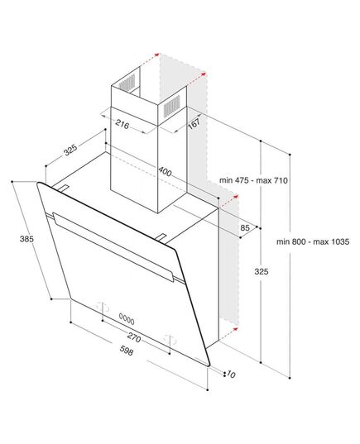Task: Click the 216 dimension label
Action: click(122, 124)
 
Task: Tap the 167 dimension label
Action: click(194, 123)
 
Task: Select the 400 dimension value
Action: click(165, 172)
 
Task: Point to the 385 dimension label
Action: click(26, 239)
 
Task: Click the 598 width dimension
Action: click(126, 351)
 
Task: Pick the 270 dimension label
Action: click(134, 337)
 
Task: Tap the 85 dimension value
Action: click(244, 227)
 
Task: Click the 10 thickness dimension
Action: click(231, 375)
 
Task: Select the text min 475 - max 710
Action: click(253, 180)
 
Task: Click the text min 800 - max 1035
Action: click(313, 241)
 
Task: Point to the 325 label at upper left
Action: click(70, 150)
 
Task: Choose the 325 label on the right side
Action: click(261, 272)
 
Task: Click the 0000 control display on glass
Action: click(127, 319)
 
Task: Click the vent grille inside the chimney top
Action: click(127, 82)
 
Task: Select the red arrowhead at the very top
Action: click(156, 55)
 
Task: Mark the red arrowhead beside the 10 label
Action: click(234, 328)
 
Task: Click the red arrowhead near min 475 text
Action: click(235, 196)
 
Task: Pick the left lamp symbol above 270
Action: click(103, 307)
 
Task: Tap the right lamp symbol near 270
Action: click(170, 339)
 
